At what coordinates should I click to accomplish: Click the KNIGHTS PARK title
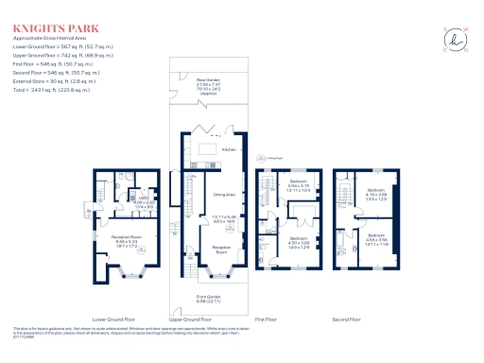44,14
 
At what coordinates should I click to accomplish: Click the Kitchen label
228,149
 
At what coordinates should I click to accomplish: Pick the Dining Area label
223,196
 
